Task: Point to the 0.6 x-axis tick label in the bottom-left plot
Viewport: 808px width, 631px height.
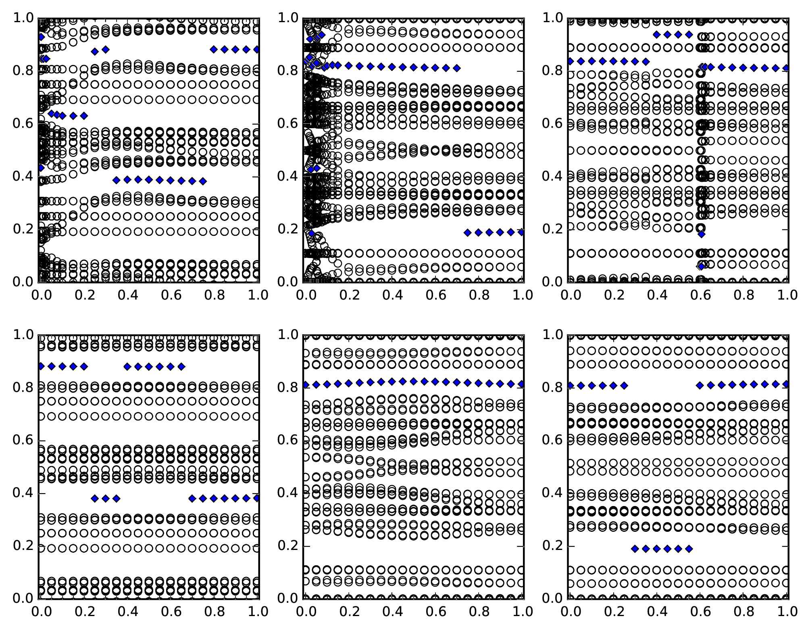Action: (x=171, y=612)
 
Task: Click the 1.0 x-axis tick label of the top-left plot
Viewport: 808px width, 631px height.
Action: (x=258, y=295)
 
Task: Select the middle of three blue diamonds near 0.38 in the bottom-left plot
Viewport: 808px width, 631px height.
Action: (x=106, y=499)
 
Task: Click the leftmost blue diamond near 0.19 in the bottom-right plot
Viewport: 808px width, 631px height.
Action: (x=635, y=549)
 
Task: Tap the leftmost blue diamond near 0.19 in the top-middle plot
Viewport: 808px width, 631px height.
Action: (x=467, y=233)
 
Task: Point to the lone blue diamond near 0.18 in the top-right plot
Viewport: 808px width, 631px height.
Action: (x=702, y=234)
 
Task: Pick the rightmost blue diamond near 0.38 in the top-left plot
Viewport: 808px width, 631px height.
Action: (x=203, y=181)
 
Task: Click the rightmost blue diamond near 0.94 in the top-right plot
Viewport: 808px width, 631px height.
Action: (x=689, y=35)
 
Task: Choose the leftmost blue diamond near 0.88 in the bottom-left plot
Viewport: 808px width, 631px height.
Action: (x=41, y=367)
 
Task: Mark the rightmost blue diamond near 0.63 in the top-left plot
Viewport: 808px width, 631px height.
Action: (x=84, y=116)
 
